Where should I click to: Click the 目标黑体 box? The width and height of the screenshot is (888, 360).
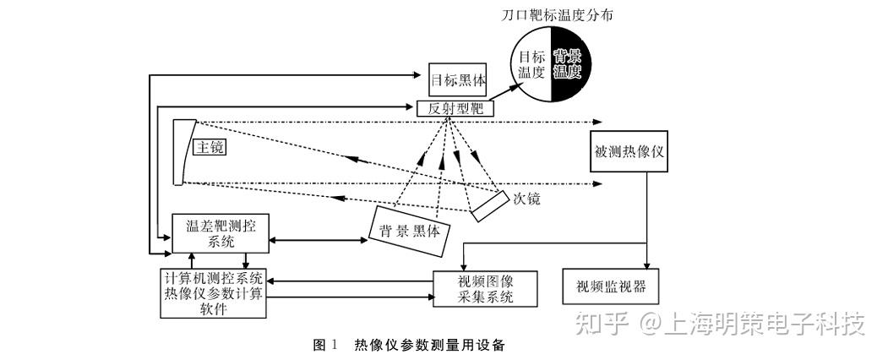coord(458,79)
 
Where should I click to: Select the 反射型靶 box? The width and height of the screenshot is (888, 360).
coord(455,109)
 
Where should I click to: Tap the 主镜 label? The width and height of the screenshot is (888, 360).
coord(210,147)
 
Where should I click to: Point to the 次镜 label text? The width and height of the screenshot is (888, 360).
coord(526,199)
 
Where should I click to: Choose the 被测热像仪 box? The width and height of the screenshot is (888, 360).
coord(629,152)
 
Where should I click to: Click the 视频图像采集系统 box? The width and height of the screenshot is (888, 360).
coord(484,289)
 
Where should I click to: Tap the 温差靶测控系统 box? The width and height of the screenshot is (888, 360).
coord(221,233)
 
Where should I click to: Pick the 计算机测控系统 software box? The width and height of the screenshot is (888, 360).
coord(212,293)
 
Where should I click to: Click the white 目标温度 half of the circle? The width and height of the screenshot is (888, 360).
coord(530,64)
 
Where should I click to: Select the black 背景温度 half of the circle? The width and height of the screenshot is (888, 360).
coord(571,64)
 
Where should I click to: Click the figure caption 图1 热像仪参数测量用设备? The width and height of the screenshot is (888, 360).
coord(408,345)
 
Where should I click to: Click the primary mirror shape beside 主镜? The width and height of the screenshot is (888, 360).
coord(183,152)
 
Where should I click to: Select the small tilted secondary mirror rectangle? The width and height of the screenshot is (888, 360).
coord(489,206)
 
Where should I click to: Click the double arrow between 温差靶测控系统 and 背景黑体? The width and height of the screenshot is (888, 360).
coord(319,241)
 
